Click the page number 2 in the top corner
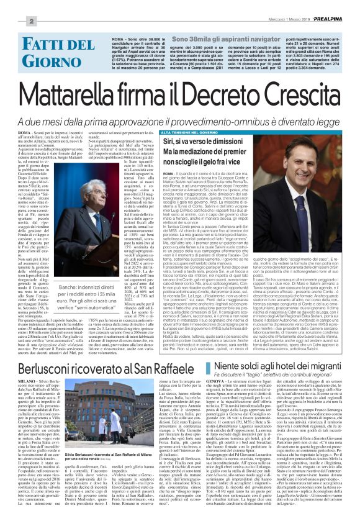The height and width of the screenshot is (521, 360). (x=12, y=22)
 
